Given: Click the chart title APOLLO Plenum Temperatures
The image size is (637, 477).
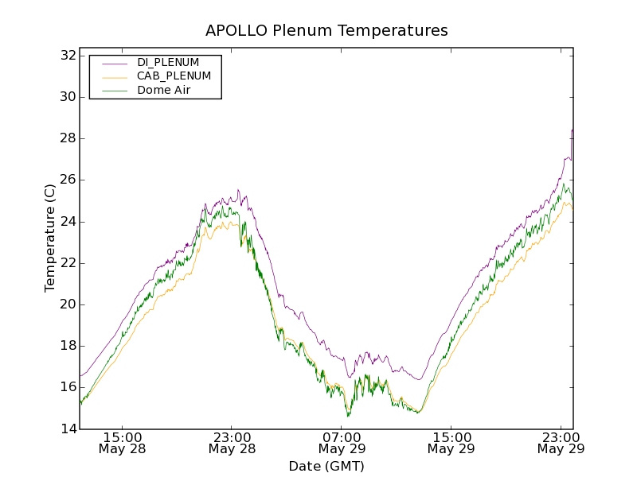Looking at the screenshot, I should coord(326,31).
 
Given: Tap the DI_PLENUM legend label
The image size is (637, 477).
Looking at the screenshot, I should coord(168,62).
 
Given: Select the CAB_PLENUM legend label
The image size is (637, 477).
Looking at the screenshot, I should coord(174,76).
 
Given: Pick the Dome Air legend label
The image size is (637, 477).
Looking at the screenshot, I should coord(163,91).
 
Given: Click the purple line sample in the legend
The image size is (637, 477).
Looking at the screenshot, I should coord(114,62).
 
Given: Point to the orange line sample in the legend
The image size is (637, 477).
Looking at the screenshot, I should coord(114,76).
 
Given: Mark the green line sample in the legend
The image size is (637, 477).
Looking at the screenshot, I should coord(114,91).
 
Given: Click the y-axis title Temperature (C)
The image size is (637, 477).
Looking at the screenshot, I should coord(50,238).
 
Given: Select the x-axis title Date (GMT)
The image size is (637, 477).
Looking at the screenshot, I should coord(326,466).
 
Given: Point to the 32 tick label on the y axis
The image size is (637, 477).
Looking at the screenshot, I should coord(66,56).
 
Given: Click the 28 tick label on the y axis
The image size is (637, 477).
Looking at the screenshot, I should coord(66,138).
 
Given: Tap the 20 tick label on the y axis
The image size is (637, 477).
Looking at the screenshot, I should coord(66,304).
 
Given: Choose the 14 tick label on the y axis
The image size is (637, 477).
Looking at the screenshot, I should coord(66,429).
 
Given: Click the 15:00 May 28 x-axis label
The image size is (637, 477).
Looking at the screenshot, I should coord(123,443).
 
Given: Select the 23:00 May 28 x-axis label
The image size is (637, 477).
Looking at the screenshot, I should coord(233,443).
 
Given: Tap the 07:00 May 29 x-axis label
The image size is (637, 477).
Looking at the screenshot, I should coord(342,443).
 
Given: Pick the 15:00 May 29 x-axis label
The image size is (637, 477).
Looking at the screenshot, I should coord(451,443).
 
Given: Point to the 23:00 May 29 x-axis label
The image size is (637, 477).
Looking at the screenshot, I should coord(561,443).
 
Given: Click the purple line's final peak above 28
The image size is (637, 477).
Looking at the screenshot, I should coord(572,130).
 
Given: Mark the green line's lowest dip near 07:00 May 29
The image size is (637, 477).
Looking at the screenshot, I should coord(348,415).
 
